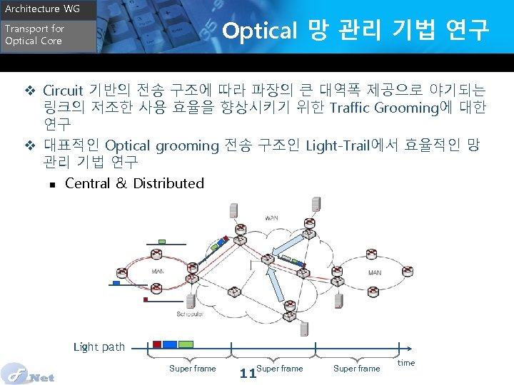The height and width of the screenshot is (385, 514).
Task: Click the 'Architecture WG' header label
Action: [34, 9]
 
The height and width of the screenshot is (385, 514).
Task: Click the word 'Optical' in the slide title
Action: [259, 31]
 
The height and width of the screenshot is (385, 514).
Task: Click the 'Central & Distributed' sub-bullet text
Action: [134, 183]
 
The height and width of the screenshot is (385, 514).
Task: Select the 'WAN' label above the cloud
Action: [272, 217]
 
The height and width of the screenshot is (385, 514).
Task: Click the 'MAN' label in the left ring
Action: [158, 272]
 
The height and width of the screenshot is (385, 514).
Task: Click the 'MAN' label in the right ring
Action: [374, 272]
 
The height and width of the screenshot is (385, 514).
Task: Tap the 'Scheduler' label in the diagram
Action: [190, 314]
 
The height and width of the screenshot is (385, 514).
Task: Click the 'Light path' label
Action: [99, 347]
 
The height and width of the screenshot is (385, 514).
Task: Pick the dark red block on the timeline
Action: [157, 344]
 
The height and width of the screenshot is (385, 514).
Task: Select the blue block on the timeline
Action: [170, 344]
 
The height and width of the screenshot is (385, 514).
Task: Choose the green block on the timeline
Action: [186, 344]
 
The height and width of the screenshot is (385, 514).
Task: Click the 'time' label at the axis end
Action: [406, 363]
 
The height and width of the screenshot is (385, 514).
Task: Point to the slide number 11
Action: [248, 373]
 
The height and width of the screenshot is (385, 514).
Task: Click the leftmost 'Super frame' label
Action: [192, 369]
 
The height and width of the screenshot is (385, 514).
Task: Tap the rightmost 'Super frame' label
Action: [356, 369]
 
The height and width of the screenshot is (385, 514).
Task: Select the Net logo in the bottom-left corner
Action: [29, 373]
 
